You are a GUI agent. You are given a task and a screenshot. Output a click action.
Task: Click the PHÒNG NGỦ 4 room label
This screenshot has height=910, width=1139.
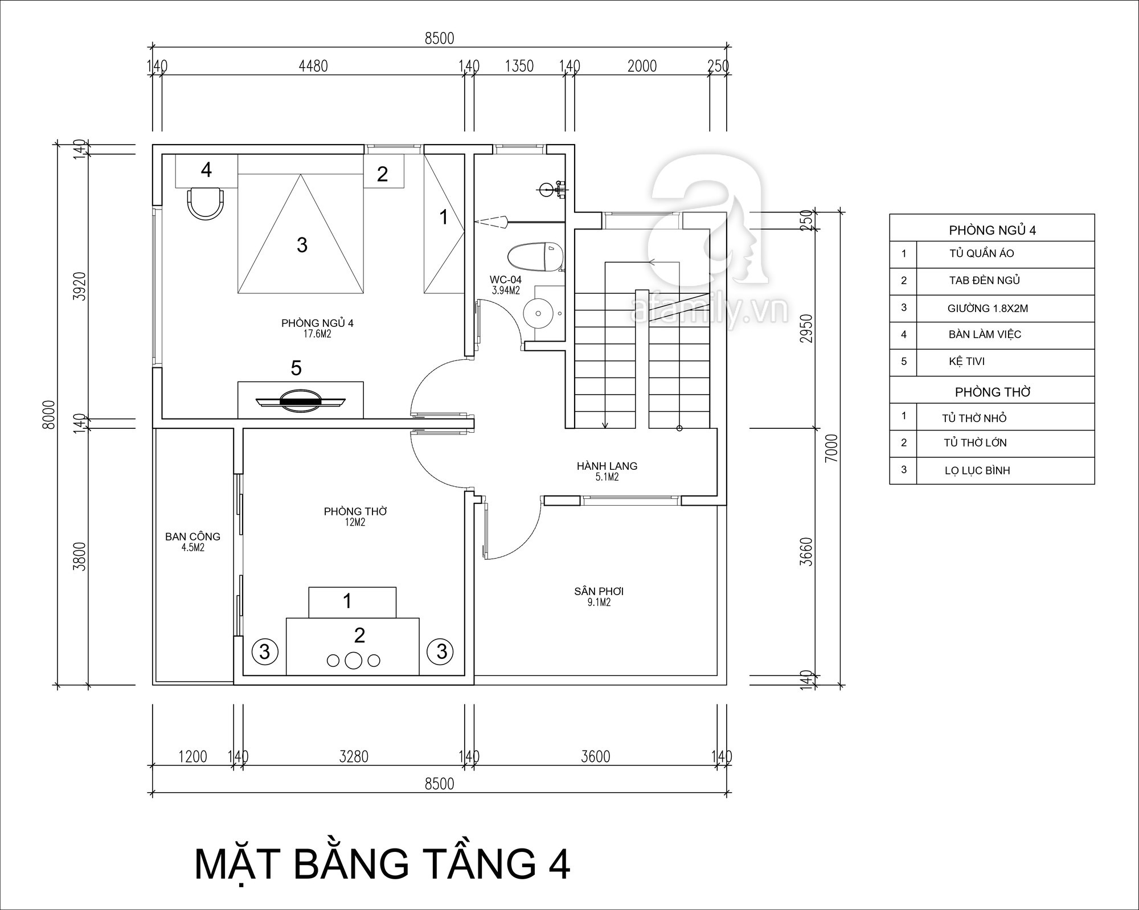[317, 323]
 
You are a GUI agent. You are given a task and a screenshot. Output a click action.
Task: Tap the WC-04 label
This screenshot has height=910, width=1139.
[505, 280]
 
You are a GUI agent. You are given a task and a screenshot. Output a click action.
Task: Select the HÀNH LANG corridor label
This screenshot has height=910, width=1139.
[607, 466]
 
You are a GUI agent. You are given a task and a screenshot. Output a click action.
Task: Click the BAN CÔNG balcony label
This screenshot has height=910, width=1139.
[192, 536]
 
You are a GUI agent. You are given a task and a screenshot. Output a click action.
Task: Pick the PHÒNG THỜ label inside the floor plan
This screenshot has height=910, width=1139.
[355, 511]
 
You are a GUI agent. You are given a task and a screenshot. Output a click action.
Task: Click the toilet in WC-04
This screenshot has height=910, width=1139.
[535, 257]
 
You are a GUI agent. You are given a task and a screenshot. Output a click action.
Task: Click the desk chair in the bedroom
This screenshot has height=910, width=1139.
[206, 203]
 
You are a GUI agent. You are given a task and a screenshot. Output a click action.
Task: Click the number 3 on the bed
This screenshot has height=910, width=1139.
[302, 245]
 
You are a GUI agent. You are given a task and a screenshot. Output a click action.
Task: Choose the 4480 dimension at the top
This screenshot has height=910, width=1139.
[313, 66]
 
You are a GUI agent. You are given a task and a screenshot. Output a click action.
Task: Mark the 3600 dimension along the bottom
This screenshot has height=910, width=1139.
[595, 756]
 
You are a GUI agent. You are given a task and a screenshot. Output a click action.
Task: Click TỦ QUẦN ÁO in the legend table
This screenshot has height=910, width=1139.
[981, 253]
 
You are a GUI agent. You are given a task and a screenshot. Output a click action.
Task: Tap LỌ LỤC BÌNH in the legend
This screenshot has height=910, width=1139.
[977, 471]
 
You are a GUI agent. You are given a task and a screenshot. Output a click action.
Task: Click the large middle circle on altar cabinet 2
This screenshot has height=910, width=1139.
[354, 660]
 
